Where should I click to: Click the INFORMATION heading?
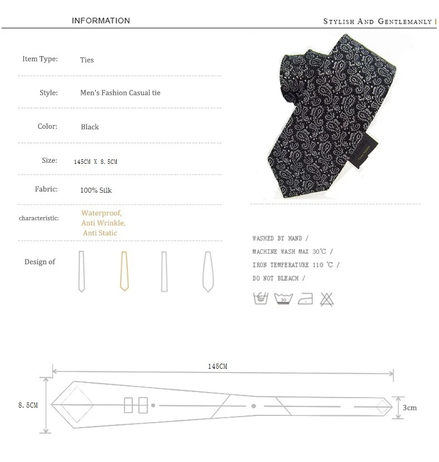101,21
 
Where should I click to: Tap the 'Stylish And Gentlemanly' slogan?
377,22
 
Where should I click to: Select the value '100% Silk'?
96,190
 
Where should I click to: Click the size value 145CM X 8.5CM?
96,162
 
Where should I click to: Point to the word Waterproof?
102,213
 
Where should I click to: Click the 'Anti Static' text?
100,233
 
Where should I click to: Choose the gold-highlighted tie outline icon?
124,271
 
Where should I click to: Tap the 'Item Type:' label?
40,59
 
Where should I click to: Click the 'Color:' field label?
47,127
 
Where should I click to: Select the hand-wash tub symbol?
261,299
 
